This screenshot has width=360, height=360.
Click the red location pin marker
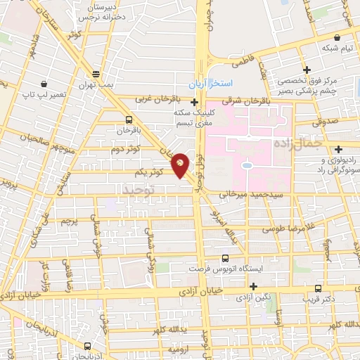point(181,165)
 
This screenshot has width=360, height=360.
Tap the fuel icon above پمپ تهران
point(96,72)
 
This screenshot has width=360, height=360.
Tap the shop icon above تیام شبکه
point(337,37)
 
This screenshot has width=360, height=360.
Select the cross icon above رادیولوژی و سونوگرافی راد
point(339,148)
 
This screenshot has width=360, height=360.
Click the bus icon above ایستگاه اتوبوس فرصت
point(226,258)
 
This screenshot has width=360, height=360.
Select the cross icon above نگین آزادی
point(253,285)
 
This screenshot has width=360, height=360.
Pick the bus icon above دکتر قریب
point(319,288)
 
